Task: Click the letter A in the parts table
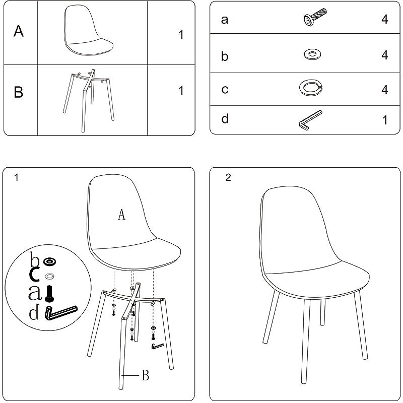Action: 19,31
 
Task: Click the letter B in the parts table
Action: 19,92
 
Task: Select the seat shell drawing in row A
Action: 88,30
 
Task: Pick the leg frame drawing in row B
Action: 89,100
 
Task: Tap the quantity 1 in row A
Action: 181,35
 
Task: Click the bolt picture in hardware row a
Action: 315,17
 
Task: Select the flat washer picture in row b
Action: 312,54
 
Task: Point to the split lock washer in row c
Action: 311,88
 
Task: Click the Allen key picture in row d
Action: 310,120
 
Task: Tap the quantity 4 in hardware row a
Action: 384,19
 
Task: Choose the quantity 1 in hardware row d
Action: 385,120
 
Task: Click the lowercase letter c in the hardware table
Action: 225,89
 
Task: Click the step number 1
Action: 17,177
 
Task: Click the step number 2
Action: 228,177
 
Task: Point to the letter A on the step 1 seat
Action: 121,215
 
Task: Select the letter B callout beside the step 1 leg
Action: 146,375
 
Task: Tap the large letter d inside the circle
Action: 34,312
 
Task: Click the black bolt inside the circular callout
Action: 49,294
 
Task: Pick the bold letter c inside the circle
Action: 34,274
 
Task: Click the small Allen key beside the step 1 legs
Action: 158,346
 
